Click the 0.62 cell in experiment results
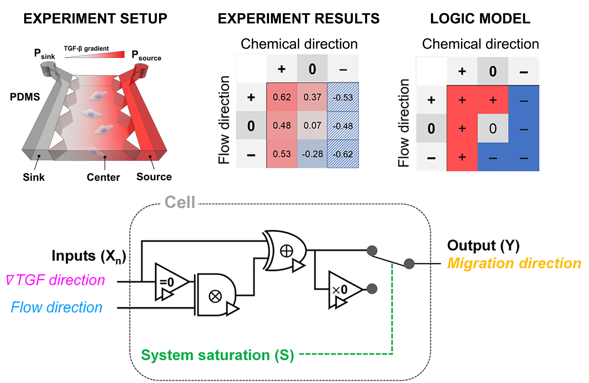(282, 97)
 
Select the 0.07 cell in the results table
(312, 125)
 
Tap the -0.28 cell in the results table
(312, 154)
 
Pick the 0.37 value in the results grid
(312, 97)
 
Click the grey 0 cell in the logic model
(493, 128)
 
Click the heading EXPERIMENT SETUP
(95, 19)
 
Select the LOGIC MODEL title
(480, 19)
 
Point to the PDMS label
(25, 97)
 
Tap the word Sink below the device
(34, 177)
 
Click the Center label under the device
(103, 177)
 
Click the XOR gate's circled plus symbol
(287, 251)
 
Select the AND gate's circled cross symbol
(215, 296)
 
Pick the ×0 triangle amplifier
(342, 290)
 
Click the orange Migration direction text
(514, 263)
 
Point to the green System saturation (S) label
(218, 355)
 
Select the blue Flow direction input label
(57, 308)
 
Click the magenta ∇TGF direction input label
(56, 280)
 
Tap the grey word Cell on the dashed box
(180, 202)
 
